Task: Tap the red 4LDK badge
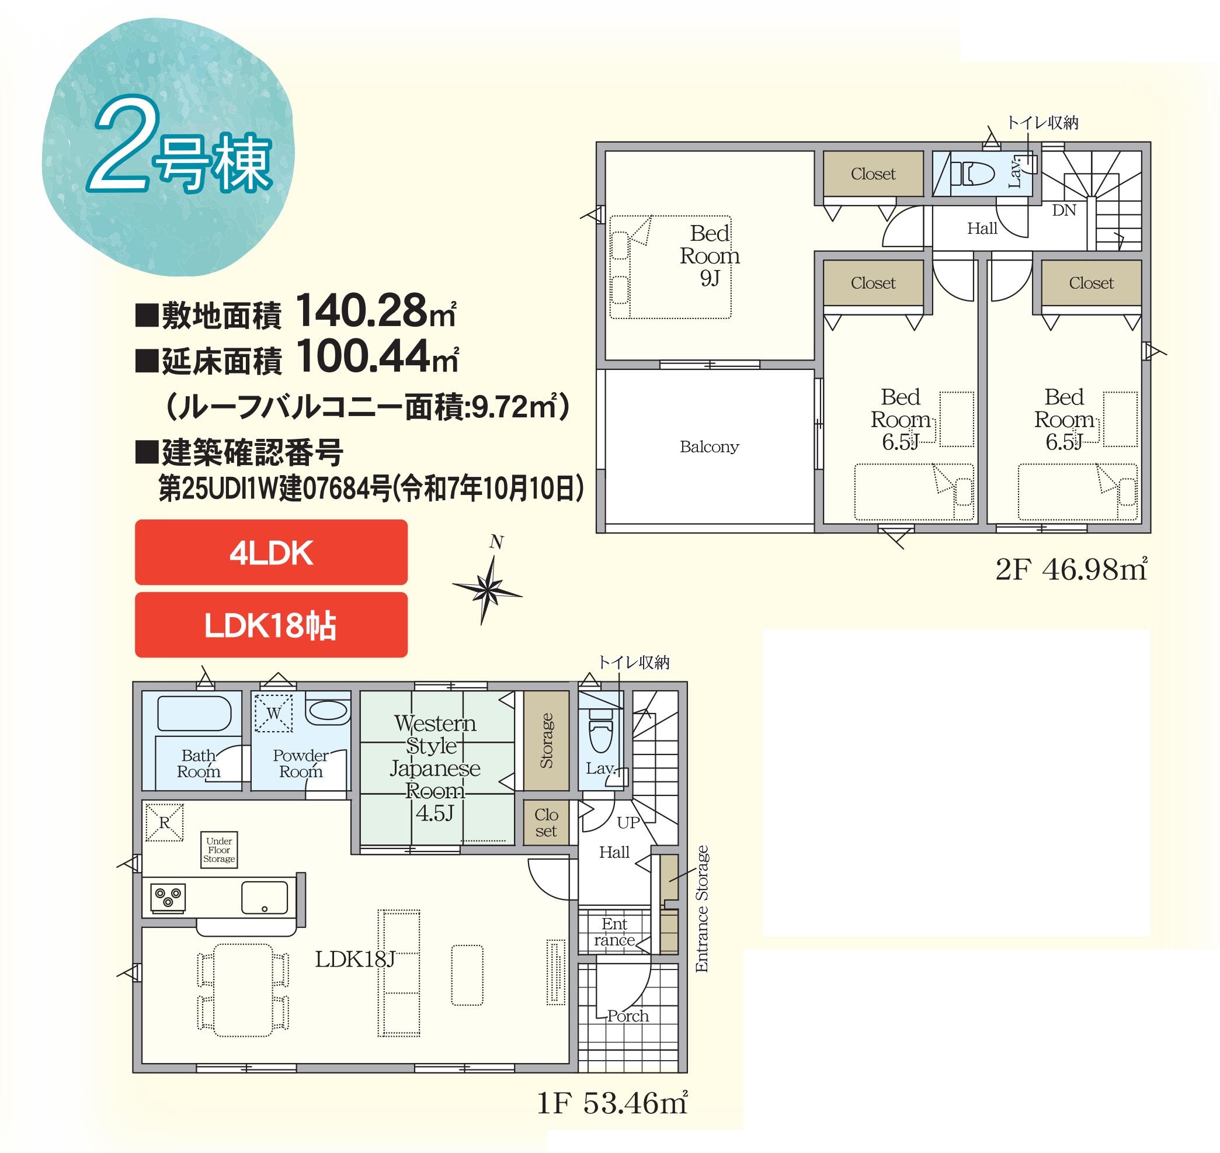[x=271, y=552]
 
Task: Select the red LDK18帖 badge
[x=271, y=625]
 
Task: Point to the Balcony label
[x=709, y=447]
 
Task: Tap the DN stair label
[x=1064, y=210]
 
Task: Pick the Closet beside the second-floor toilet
[x=873, y=174]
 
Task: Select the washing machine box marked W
[x=273, y=713]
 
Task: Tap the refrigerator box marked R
[x=165, y=822]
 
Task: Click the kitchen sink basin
[x=264, y=898]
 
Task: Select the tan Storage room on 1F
[x=546, y=740]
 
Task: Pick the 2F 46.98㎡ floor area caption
[x=1071, y=570]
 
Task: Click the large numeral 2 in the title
[x=121, y=151]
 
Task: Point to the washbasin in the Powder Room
[x=328, y=712]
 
